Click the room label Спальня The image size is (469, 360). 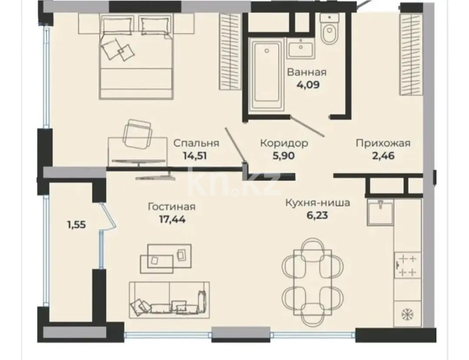[x=196, y=143]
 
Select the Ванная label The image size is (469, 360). [x=307, y=72]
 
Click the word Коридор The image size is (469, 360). [x=284, y=143]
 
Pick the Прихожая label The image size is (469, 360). [x=383, y=143]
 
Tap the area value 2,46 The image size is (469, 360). [x=383, y=155]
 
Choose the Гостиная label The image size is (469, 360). [x=172, y=207]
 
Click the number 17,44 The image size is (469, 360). [x=172, y=219]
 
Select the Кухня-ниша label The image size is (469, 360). [x=317, y=202]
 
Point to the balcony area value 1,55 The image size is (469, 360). [x=76, y=225]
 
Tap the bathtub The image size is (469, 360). [x=266, y=74]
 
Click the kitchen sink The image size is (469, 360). [x=380, y=212]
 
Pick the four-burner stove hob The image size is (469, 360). [x=407, y=266]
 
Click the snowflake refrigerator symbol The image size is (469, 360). [x=407, y=313]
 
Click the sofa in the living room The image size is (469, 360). [x=169, y=300]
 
